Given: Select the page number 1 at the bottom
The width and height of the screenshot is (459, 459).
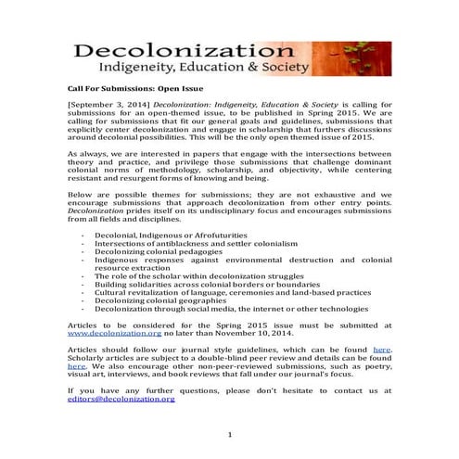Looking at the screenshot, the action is click(x=229, y=435).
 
